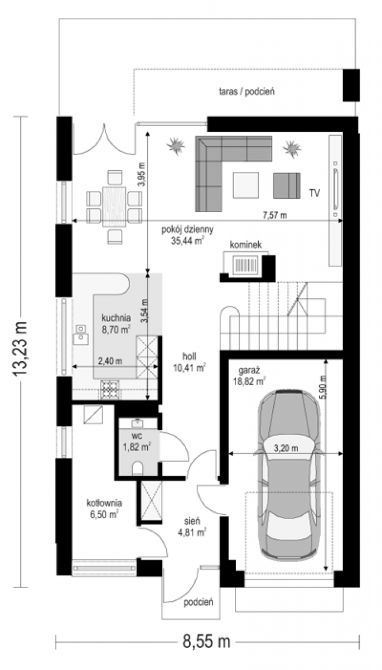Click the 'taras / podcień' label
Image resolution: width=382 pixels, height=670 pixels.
coord(246,92)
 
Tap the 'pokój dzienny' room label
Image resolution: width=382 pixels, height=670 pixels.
coord(187,229)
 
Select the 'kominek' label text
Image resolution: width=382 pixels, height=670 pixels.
coord(245,245)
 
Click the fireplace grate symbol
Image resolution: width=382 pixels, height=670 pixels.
coord(245,265)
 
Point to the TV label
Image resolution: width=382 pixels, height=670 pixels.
coord(315,193)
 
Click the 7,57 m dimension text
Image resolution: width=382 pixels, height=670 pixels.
coord(274,215)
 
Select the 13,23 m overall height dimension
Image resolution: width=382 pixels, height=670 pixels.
coord(20,348)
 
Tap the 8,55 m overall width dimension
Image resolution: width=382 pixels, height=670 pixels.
coord(207,642)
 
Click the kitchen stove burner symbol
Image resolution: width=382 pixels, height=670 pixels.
coord(110,390)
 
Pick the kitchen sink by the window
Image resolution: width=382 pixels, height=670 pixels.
coord(80,335)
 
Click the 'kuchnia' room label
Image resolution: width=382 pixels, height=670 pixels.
coord(116,317)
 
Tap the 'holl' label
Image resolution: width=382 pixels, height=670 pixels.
coord(190,356)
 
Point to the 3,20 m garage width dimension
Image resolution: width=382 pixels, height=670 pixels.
coord(286,448)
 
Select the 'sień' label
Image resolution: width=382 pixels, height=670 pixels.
coord(192,521)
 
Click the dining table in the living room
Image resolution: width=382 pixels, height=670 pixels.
coord(114,207)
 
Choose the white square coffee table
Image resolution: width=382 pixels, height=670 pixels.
coord(245,185)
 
